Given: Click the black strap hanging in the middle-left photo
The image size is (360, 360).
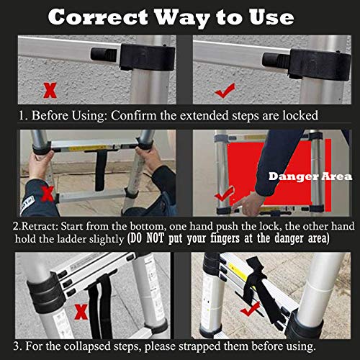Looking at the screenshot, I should click(101, 173).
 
